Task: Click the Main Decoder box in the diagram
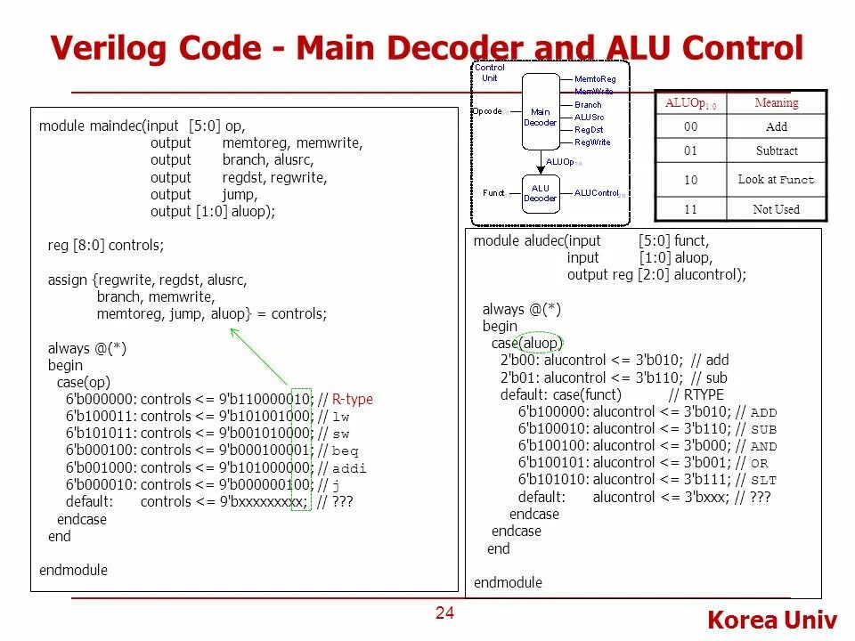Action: pyautogui.click(x=540, y=117)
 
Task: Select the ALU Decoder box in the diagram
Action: pyautogui.click(x=540, y=193)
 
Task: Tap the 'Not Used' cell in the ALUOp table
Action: pyautogui.click(x=777, y=209)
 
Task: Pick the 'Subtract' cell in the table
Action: pyautogui.click(x=777, y=150)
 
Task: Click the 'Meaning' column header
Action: pyautogui.click(x=777, y=102)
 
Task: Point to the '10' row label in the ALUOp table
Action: pyautogui.click(x=691, y=180)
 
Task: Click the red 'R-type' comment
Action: pyautogui.click(x=353, y=399)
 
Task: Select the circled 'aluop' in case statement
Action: pyautogui.click(x=542, y=343)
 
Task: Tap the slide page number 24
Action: pyautogui.click(x=444, y=613)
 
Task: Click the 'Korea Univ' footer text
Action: pyautogui.click(x=772, y=621)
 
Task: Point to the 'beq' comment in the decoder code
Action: pyautogui.click(x=346, y=450)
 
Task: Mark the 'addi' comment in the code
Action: pyautogui.click(x=350, y=467)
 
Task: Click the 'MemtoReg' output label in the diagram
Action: pyautogui.click(x=595, y=79)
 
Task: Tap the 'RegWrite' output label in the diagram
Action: pyautogui.click(x=592, y=142)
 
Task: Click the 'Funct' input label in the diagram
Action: pyautogui.click(x=493, y=192)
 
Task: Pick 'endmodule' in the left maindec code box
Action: pyautogui.click(x=73, y=570)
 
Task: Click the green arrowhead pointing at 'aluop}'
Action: pyautogui.click(x=233, y=331)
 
